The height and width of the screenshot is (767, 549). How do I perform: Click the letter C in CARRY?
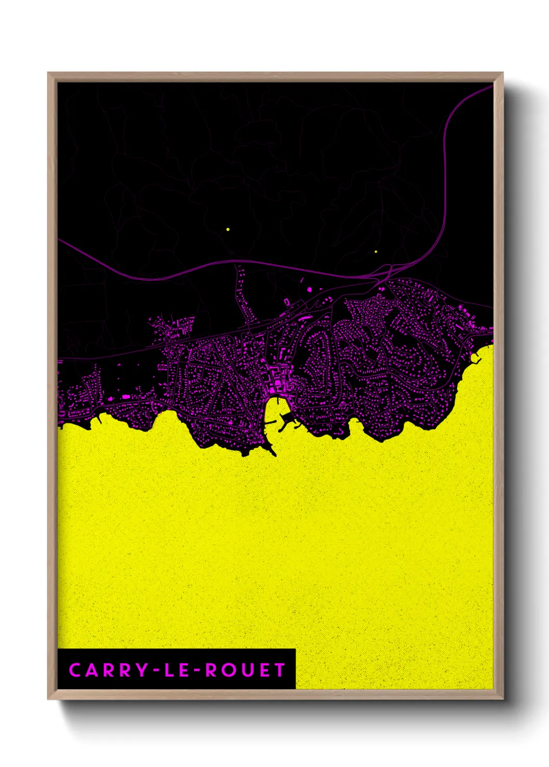click(75, 670)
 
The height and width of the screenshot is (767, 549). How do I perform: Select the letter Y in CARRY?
click(142, 670)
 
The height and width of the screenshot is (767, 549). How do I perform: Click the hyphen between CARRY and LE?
click(155, 671)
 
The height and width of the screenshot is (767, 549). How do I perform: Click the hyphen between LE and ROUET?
click(196, 671)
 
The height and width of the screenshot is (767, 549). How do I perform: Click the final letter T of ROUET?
click(280, 670)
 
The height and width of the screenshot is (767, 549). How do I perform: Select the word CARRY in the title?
click(108, 670)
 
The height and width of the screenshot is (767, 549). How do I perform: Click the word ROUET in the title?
click(245, 670)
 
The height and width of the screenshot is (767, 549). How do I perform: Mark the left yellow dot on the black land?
click(227, 229)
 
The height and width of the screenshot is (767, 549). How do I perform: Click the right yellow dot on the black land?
click(376, 252)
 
